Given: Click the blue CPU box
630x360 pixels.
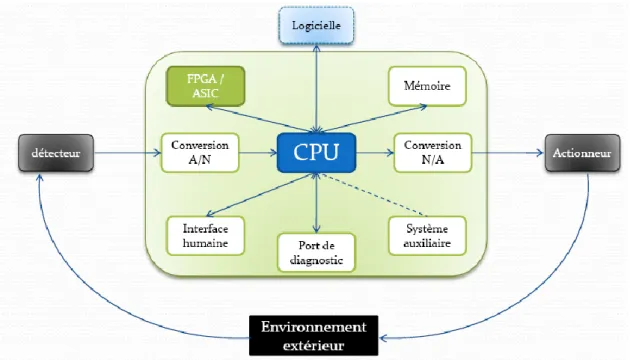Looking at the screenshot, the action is (x=316, y=153).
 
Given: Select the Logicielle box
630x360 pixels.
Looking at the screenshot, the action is (x=317, y=25).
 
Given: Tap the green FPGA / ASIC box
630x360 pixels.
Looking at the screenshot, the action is (x=206, y=86).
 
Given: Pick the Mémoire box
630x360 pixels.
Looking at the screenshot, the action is (x=427, y=86).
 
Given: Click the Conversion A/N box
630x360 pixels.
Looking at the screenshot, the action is (x=200, y=153).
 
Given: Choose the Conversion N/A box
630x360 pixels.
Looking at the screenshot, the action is (x=433, y=153).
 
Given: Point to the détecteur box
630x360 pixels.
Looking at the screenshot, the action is (x=56, y=153).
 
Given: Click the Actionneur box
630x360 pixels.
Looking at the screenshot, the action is (x=582, y=153).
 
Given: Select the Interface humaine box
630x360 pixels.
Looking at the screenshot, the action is (x=206, y=236).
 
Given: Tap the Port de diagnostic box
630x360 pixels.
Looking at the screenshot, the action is (x=316, y=253).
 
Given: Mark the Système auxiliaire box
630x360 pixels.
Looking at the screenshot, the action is (x=427, y=236).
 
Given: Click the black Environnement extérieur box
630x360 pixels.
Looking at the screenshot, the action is (x=313, y=336).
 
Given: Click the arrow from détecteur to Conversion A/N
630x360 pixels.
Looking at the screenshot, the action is (x=127, y=153).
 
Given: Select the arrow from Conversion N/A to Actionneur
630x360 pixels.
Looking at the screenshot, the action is (x=508, y=153).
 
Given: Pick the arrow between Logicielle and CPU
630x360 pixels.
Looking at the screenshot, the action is (x=317, y=88).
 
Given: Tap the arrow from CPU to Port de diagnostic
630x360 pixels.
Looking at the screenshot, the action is (x=317, y=203).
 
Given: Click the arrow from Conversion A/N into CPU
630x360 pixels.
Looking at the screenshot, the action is (x=258, y=153).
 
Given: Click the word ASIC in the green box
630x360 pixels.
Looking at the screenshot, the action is (x=205, y=94).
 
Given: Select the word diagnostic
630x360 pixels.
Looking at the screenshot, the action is (x=316, y=260).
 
